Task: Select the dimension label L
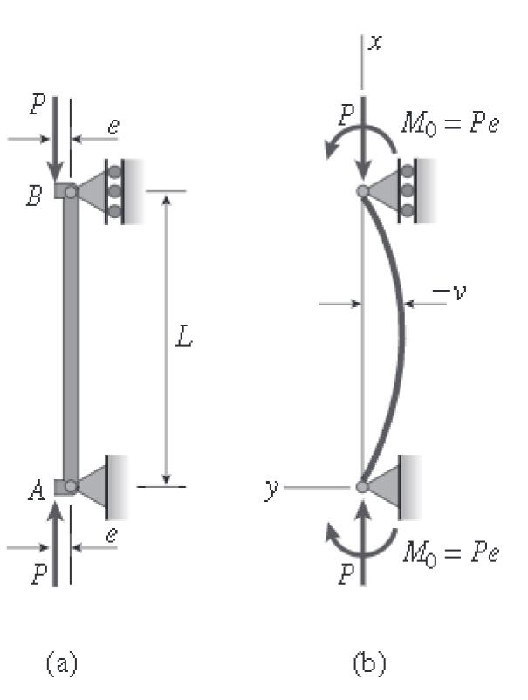click(183, 339)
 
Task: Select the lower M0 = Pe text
click(452, 552)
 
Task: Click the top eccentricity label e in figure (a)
click(112, 127)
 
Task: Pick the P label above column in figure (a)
click(35, 105)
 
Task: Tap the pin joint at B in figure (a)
click(71, 191)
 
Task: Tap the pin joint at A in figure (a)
click(71, 486)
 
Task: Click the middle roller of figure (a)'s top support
click(113, 191)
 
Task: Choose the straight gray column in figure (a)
click(70, 339)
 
